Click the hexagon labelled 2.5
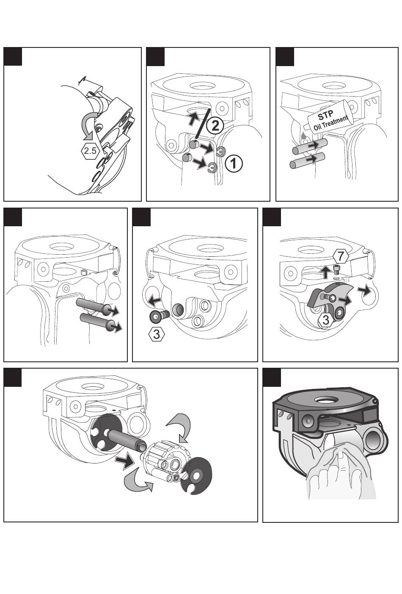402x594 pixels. tap(90, 151)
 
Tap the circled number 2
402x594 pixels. tap(215, 126)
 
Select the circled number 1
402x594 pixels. tap(234, 164)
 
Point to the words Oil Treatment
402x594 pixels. tap(331, 123)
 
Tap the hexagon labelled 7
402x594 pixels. tap(341, 256)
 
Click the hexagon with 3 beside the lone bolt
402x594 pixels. tap(157, 334)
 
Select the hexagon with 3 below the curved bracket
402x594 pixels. tap(326, 320)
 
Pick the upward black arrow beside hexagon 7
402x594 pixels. tap(325, 272)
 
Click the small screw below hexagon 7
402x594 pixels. tap(336, 271)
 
